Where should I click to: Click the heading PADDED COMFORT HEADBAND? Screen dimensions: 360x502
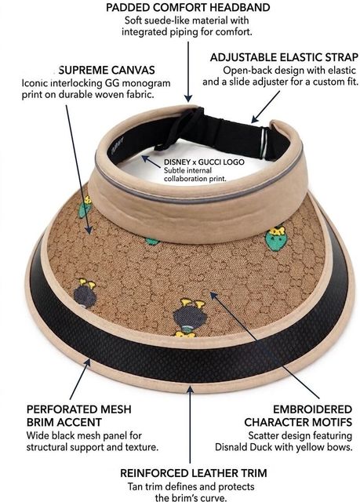point(187,7)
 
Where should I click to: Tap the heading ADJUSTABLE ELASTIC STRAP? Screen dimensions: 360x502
point(284,57)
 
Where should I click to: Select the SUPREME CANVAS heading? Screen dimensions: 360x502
point(107,70)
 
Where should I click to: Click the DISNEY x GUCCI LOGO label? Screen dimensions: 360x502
point(204,162)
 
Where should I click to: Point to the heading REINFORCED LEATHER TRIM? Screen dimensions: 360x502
point(194,473)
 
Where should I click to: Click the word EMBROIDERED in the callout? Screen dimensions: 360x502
point(312,409)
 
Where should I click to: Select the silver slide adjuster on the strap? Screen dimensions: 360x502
point(264,143)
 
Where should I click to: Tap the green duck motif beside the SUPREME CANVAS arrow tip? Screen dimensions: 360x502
point(85,207)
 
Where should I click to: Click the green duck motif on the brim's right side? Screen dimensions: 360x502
point(276,238)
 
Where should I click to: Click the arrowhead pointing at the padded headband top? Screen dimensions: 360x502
point(188,98)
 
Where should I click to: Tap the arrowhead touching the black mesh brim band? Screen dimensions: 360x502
point(87,363)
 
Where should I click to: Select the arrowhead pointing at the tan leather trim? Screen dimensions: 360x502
point(190,391)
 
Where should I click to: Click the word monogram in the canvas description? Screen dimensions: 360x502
point(147,83)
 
